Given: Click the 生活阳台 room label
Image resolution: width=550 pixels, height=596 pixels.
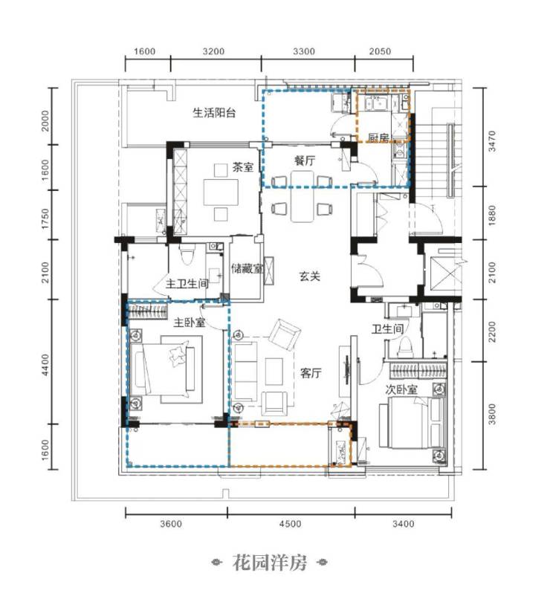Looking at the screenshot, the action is (214, 113).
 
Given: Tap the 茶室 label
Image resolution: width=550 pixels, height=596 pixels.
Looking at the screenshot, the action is (243, 167).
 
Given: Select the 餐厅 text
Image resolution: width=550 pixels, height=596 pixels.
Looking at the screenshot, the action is (305, 161).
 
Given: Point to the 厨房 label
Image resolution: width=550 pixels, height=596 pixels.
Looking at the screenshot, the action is (378, 137).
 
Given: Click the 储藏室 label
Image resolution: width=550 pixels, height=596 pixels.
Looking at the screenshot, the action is (247, 269).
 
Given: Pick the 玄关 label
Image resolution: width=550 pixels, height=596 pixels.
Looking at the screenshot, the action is (310, 276).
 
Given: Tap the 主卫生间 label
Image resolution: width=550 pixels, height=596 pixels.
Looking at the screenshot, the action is (187, 284).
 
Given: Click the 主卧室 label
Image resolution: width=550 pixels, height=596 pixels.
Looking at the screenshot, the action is (190, 323).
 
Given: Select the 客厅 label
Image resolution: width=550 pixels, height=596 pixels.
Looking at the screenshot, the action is (311, 373).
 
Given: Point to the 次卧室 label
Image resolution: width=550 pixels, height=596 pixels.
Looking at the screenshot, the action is (401, 389).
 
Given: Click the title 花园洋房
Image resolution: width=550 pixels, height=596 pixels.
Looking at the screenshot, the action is (270, 563).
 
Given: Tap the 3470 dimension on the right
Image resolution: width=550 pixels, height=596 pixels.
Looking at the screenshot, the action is (492, 141).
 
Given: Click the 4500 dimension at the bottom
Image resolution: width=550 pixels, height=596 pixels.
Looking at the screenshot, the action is (290, 524).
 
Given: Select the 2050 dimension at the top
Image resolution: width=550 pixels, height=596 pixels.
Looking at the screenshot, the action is (380, 51).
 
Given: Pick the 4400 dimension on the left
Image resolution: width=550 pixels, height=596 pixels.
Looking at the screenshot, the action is (45, 365).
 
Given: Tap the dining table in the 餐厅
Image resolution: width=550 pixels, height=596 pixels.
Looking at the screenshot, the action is (302, 196).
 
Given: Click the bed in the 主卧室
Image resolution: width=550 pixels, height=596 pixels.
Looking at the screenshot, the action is (165, 369).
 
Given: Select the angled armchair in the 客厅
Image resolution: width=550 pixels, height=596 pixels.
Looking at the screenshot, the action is (285, 334).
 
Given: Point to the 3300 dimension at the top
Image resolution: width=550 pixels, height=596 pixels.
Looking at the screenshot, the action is (304, 51).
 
